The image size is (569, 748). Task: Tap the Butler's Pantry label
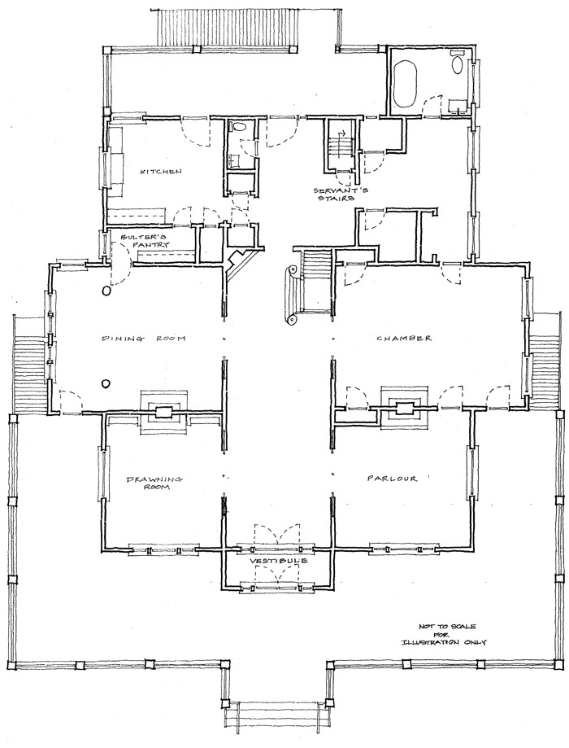[144, 240]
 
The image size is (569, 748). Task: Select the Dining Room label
[143, 339]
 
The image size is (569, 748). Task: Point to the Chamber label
[404, 339]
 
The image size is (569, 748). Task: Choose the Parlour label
[392, 479]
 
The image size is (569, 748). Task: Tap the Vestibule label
[278, 562]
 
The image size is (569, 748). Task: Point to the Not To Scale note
[445, 634]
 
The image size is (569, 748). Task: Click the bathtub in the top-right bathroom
[405, 84]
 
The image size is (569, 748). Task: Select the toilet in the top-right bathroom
[458, 62]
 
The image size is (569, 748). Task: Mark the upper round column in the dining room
[106, 290]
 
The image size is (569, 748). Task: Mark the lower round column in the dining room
[106, 383]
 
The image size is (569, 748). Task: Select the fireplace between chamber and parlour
[405, 409]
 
